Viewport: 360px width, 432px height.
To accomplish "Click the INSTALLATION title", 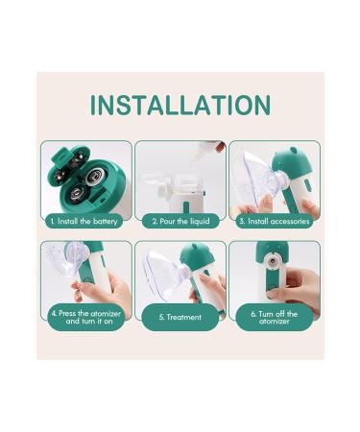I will pyautogui.click(x=180, y=103).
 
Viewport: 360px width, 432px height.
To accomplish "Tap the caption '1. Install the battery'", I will pyautogui.click(x=85, y=221).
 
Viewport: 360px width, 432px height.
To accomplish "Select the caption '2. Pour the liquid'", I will pyautogui.click(x=180, y=221).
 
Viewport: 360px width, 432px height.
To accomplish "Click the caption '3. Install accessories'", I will pyautogui.click(x=274, y=221).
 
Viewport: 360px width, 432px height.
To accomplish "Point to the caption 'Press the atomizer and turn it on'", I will pyautogui.click(x=85, y=316).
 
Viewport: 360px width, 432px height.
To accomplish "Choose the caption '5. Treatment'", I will pyautogui.click(x=180, y=317).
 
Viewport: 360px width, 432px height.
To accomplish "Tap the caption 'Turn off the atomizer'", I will pyautogui.click(x=274, y=316).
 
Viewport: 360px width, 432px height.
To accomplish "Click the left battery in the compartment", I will pyautogui.click(x=74, y=191).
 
